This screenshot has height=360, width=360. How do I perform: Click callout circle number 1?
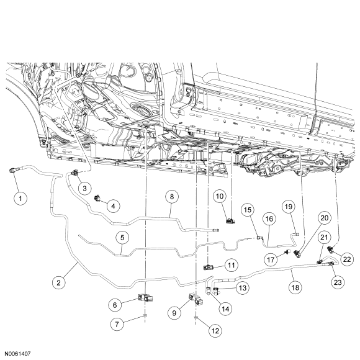[x=20, y=199]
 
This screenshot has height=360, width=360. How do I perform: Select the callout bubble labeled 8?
[x=172, y=197]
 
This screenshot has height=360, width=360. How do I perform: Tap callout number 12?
[x=215, y=331]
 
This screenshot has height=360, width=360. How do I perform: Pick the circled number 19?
[x=289, y=207]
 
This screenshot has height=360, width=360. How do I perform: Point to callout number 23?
[x=338, y=282]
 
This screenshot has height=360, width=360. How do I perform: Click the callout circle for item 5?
[x=122, y=237]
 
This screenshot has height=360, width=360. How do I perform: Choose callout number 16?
[x=269, y=219]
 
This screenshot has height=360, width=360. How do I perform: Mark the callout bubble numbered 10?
[x=220, y=196]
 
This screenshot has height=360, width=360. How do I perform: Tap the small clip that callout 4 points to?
[x=98, y=198]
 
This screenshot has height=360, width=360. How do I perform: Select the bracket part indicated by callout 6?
[x=146, y=298]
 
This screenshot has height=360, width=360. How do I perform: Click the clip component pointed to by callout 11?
[x=209, y=267]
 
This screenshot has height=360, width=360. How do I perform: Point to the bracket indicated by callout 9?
[x=196, y=299]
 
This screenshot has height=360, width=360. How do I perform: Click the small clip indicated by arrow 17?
[x=287, y=251]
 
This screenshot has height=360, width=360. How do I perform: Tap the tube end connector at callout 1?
[x=13, y=170]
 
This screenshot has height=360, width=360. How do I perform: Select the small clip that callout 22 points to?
[x=331, y=248]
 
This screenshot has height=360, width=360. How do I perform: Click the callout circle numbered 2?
[x=58, y=282]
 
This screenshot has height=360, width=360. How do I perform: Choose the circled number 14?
[x=225, y=309]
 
